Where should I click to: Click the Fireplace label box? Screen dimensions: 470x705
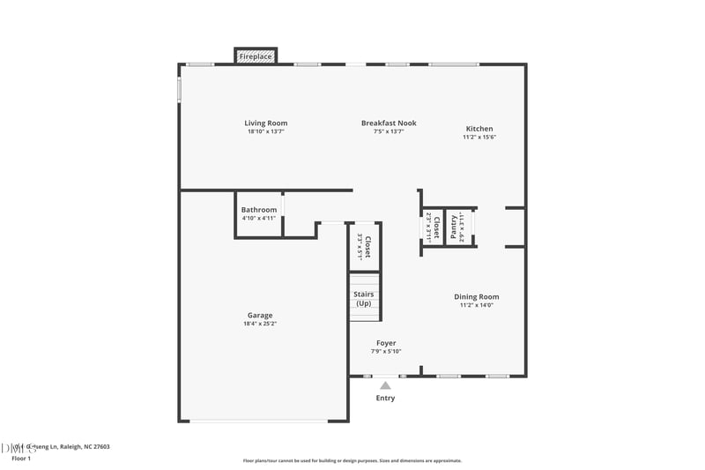coord(256,56)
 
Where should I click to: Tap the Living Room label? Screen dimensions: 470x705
coord(266,123)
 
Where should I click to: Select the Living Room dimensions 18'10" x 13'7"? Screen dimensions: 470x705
coord(266,131)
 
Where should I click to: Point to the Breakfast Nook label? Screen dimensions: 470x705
coord(389,123)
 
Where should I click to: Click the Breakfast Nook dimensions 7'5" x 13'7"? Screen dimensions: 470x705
coord(389,131)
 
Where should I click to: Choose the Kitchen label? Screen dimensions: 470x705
coord(479,129)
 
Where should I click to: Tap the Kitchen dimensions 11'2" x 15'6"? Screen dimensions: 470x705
coord(479,137)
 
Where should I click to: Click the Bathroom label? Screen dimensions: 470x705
coord(259,210)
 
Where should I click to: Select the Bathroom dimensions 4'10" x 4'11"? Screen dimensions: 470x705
coord(259,218)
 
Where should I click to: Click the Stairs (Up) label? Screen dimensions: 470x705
coord(363,299)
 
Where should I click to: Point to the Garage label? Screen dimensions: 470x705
coord(260,316)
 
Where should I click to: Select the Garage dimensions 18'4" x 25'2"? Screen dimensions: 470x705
coord(260,324)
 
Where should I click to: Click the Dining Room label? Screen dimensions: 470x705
coord(477,297)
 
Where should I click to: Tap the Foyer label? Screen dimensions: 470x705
coord(386,343)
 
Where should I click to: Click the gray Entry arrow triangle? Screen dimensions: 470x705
coord(385,384)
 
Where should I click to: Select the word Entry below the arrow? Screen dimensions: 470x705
coord(385,398)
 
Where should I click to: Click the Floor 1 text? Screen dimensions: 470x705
coord(21,459)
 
